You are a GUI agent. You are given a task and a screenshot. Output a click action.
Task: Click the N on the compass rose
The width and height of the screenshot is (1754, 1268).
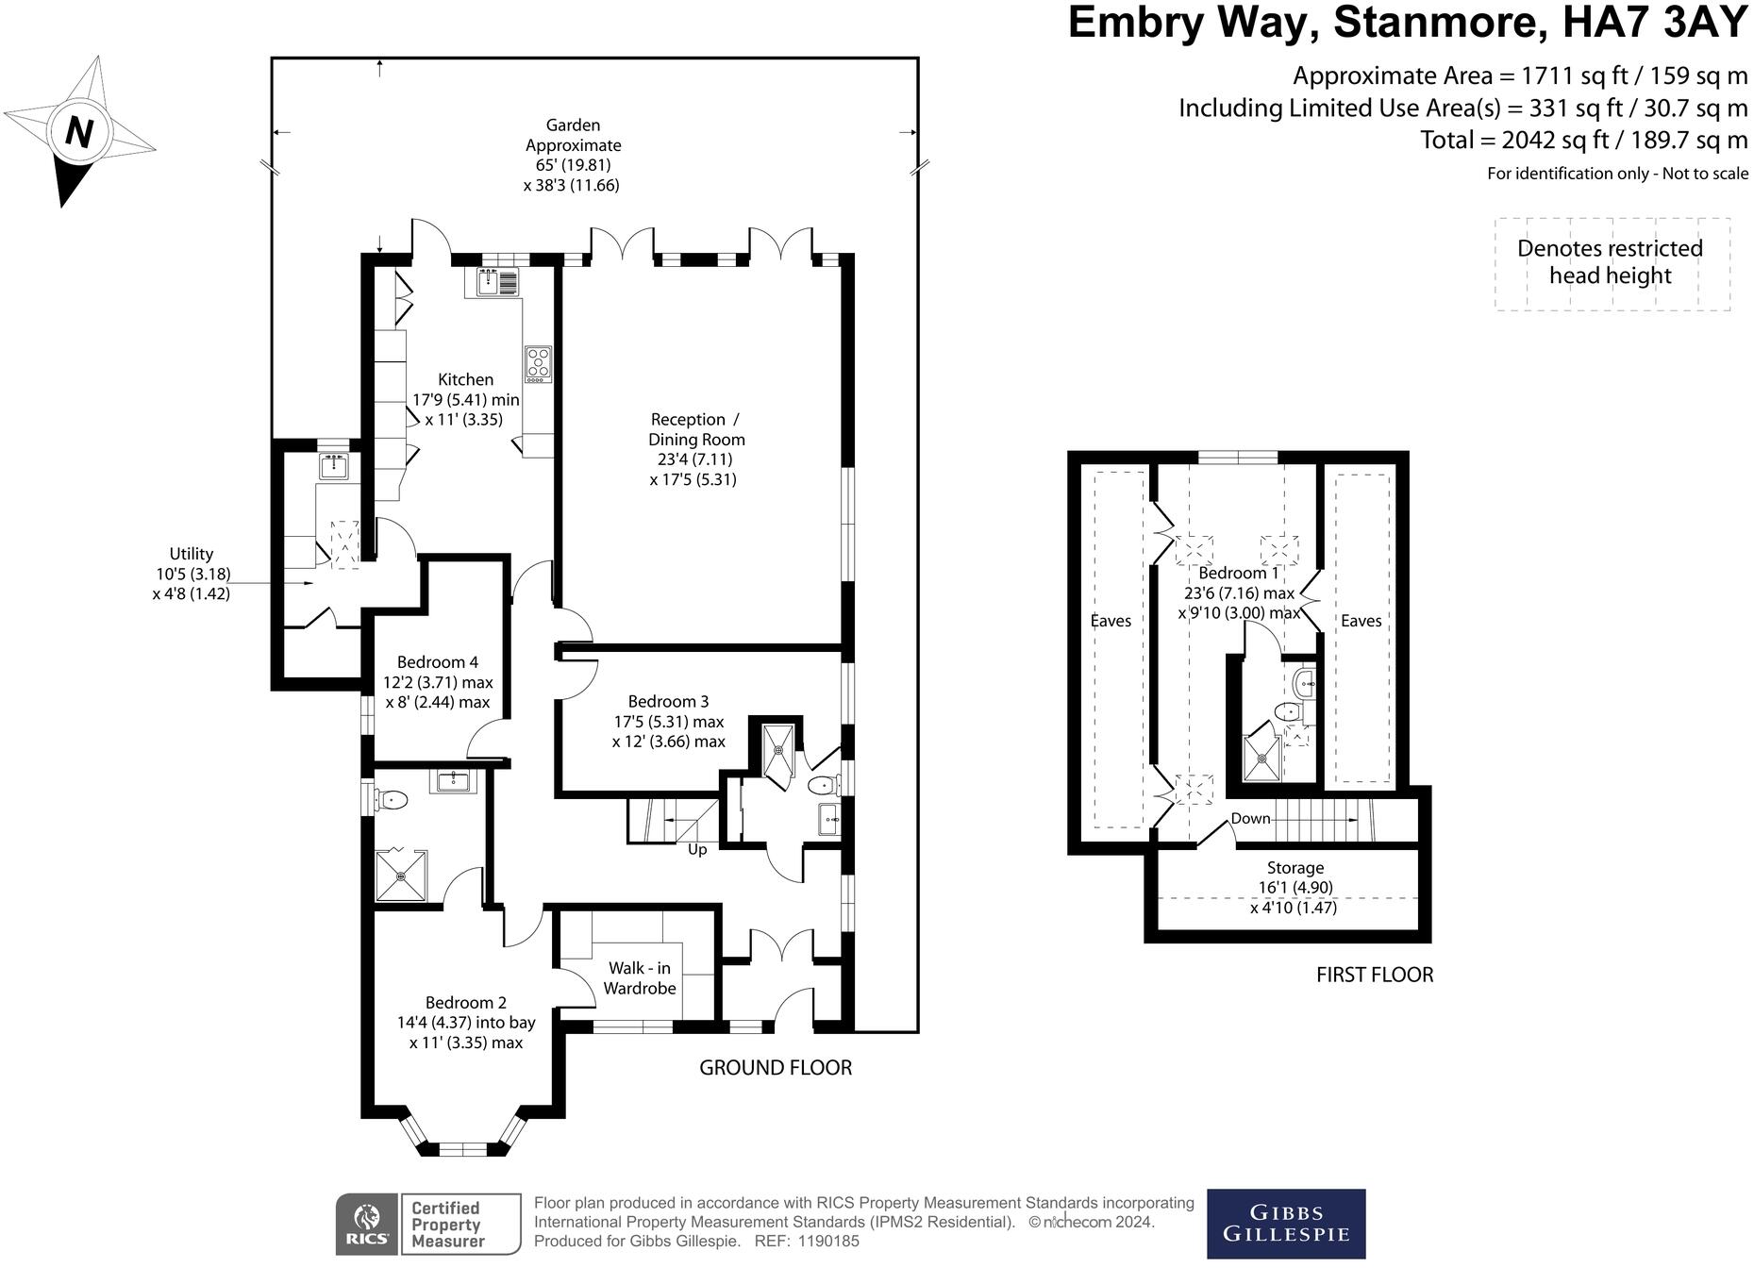79,131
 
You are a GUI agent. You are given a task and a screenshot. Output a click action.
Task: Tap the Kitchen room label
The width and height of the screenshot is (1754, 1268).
465,379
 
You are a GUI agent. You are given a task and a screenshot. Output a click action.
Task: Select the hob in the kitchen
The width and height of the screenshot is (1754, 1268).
538,363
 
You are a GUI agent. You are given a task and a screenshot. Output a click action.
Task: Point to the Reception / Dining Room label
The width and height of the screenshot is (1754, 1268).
695,429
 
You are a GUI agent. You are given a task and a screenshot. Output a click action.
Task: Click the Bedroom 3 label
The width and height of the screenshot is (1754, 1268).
668,701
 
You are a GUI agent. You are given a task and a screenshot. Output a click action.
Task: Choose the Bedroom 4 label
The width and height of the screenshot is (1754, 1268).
437,662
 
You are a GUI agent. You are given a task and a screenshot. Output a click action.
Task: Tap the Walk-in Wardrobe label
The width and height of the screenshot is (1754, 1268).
640,978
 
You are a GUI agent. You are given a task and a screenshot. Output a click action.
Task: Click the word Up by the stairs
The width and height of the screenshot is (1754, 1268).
697,849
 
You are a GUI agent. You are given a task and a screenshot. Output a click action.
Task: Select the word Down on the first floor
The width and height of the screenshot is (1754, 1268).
1250,818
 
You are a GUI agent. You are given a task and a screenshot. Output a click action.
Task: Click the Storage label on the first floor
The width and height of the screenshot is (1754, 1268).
1295,867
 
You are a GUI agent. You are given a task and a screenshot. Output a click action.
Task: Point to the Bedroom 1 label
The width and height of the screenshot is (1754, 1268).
1238,573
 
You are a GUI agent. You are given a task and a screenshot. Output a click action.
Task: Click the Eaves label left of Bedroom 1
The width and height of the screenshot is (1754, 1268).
1111,620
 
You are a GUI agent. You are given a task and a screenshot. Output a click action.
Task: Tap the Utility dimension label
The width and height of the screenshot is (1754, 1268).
192,574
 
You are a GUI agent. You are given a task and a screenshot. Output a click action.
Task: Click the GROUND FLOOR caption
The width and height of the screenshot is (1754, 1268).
775,1067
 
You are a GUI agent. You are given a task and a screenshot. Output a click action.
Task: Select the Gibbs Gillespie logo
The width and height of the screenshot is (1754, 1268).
1286,1223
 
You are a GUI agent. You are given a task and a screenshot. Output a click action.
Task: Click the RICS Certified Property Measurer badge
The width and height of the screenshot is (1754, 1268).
428,1224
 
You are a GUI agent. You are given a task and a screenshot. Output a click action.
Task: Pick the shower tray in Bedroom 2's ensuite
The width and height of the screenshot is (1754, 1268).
401,876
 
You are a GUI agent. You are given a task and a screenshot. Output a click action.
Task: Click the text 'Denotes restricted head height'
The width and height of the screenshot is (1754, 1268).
1610,262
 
